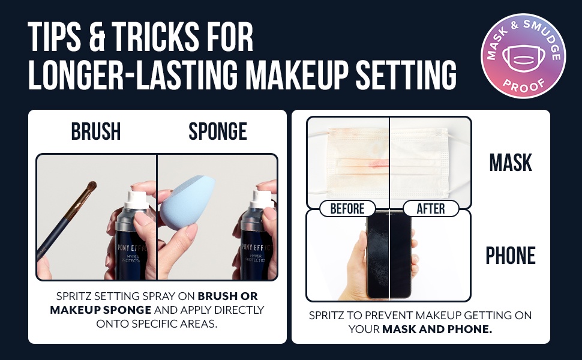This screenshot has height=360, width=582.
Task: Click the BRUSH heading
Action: [96, 131]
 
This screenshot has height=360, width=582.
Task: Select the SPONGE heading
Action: [218, 131]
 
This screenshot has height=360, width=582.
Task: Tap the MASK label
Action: [511, 163]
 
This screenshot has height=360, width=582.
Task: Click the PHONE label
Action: [511, 256]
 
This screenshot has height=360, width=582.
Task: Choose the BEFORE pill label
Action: [347, 208]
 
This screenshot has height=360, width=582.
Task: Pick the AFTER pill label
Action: [431, 208]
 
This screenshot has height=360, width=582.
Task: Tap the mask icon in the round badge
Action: [523, 58]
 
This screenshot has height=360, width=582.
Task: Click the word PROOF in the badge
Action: [523, 85]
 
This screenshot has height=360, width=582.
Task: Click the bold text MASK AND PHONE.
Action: [437, 329]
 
